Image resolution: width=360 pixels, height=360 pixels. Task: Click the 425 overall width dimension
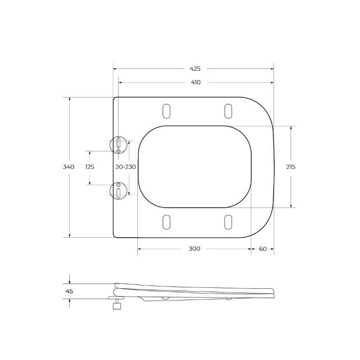[195, 68]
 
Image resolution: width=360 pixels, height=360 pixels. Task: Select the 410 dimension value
[195, 82]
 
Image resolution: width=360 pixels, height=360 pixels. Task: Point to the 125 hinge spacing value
[90, 167]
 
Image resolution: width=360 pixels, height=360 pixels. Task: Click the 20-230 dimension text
[126, 167]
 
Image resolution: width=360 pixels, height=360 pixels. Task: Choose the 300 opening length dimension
[195, 248]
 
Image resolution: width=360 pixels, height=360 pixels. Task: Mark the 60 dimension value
[262, 248]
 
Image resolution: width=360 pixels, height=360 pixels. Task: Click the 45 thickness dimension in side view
[69, 291]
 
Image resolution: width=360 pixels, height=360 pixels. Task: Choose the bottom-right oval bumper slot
[228, 222]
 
